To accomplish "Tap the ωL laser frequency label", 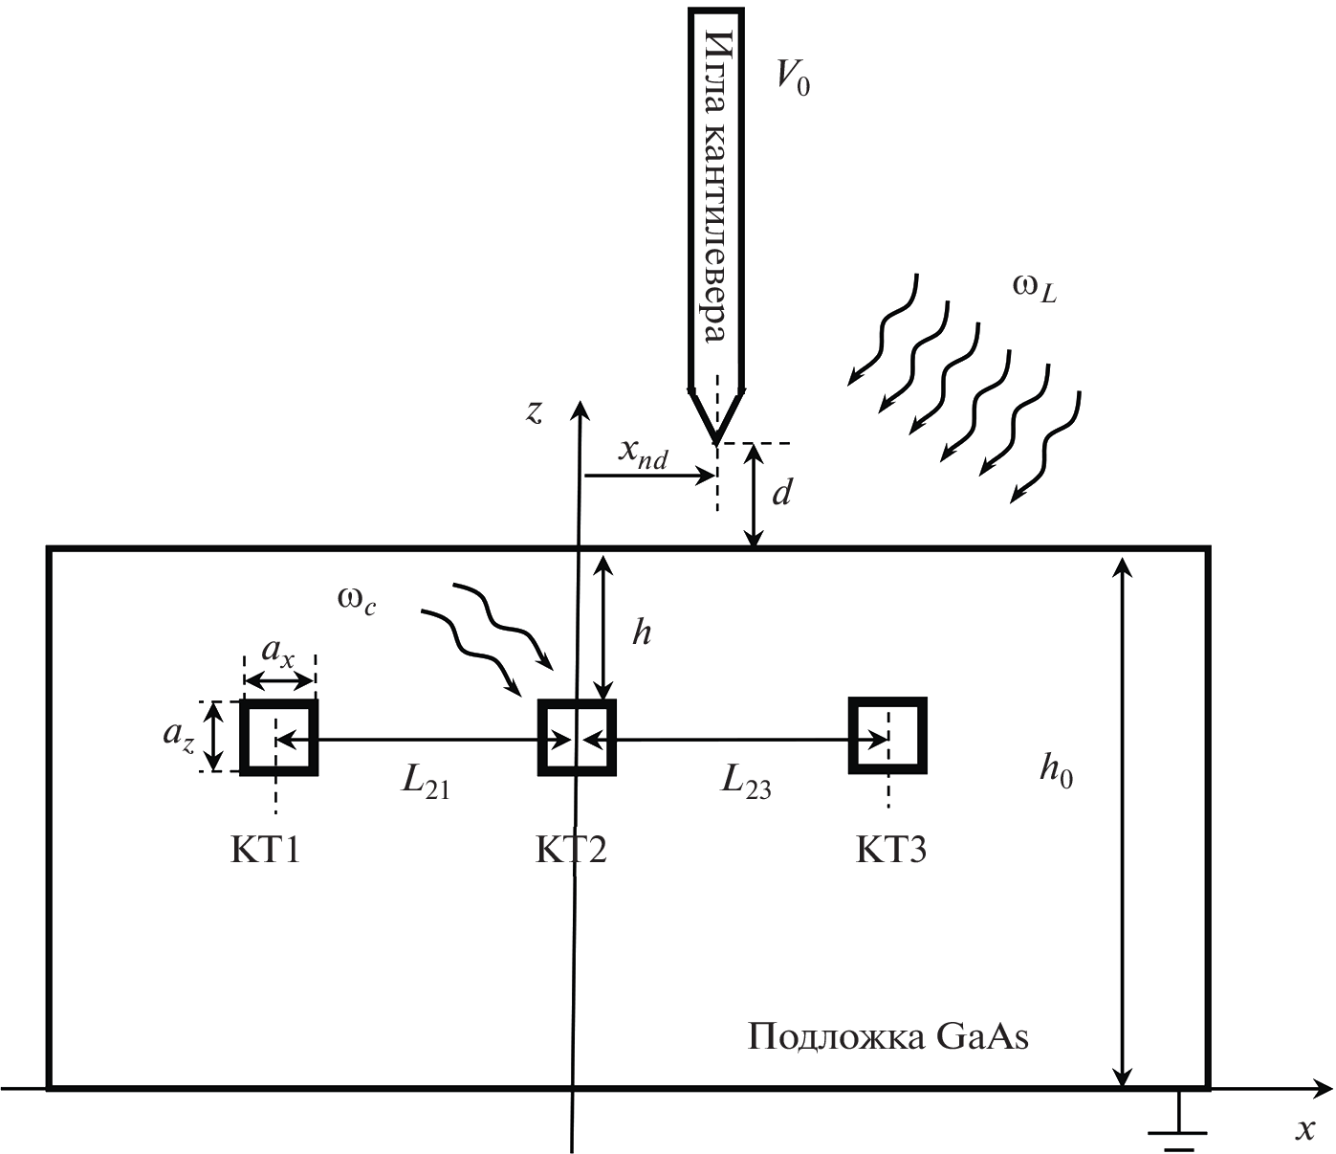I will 1034,288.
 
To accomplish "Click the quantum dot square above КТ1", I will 277,737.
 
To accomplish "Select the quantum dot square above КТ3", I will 887,736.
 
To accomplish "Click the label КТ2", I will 570,850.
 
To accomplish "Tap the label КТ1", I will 265,850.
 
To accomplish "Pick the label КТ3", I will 890,850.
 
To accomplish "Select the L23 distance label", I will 746,783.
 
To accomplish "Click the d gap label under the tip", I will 782,493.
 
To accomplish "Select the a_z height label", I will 179,735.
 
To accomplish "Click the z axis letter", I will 535,411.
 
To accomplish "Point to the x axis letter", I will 1304,1129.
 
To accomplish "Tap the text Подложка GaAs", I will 887,1037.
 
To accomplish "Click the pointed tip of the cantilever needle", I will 716,441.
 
